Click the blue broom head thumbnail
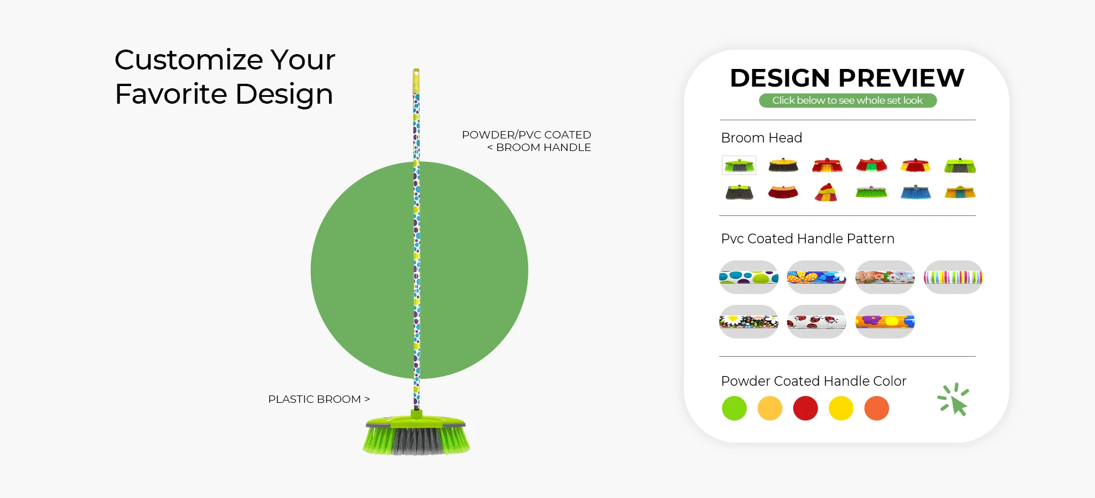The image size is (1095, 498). coord(916,192)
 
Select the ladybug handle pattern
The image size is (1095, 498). coord(817,322)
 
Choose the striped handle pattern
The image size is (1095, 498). coord(953,277)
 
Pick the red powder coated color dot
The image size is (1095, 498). coord(805,409)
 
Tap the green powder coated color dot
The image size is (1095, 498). coord(734,409)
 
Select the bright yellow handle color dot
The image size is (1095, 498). coord(841,409)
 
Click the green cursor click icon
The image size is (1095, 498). coord(954,399)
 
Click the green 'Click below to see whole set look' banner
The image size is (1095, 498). coord(847,100)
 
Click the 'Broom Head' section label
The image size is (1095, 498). coord(761,138)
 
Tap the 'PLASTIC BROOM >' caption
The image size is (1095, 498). coord(319,399)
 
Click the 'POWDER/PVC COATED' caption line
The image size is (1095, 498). coord(526,134)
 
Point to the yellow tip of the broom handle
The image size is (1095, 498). coord(416,80)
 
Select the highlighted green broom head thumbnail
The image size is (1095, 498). coord(739,165)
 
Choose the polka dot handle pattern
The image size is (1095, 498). coord(749,277)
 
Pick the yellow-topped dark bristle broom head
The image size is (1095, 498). coord(784,165)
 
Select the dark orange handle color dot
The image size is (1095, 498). coord(877,409)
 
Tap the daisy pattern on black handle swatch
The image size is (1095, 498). coord(749,322)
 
